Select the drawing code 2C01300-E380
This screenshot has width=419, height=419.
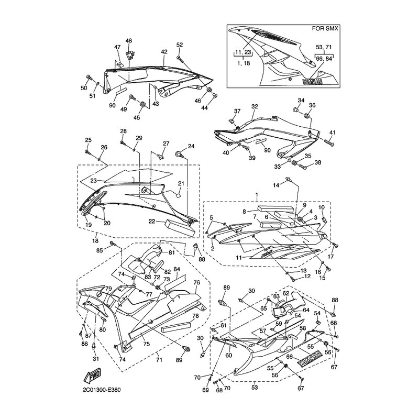pyautogui.click(x=102, y=390)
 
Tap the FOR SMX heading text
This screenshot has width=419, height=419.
pyautogui.click(x=325, y=28)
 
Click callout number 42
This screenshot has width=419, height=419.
pyautogui.click(x=164, y=52)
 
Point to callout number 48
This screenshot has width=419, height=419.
pyautogui.click(x=129, y=41)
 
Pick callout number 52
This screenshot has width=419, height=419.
pyautogui.click(x=180, y=45)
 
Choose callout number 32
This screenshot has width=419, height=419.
pyautogui.click(x=255, y=106)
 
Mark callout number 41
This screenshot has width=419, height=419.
pyautogui.click(x=332, y=133)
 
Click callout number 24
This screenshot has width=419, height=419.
pyautogui.click(x=191, y=146)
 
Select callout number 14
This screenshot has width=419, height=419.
pyautogui.click(x=276, y=185)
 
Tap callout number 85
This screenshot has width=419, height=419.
pyautogui.click(x=100, y=251)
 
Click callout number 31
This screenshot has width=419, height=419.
pyautogui.click(x=96, y=359)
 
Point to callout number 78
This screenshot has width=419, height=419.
pyautogui.click(x=195, y=316)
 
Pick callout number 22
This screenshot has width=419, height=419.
pyautogui.click(x=152, y=222)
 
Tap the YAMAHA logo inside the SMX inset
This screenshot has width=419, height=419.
pyautogui.click(x=312, y=82)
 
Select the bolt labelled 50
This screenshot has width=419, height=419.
pyautogui.click(x=89, y=78)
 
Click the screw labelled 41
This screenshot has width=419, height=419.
pyautogui.click(x=329, y=142)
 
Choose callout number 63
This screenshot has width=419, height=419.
pyautogui.click(x=277, y=296)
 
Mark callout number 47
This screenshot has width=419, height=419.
pyautogui.click(x=117, y=47)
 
